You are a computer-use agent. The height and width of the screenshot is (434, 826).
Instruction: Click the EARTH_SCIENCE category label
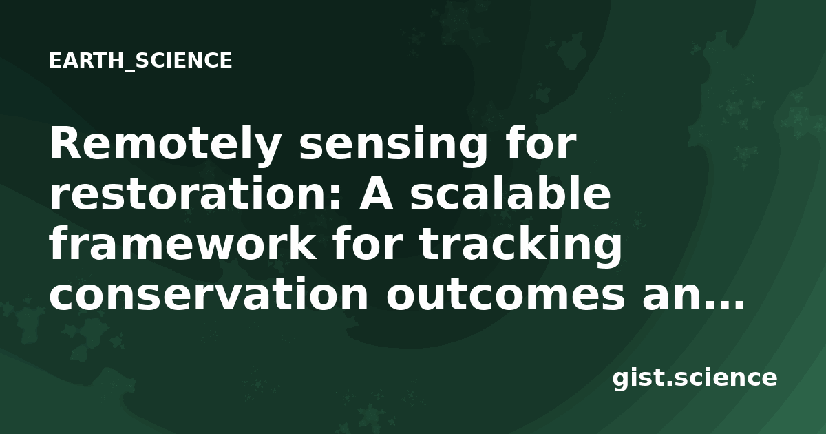click(140, 61)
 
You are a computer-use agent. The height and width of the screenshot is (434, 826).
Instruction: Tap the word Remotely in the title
click(164, 143)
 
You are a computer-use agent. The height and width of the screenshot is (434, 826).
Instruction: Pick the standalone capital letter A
click(376, 194)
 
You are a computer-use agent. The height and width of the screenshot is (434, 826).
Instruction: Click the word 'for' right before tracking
click(370, 244)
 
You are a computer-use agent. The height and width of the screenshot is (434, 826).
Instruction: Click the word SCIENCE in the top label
click(184, 61)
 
